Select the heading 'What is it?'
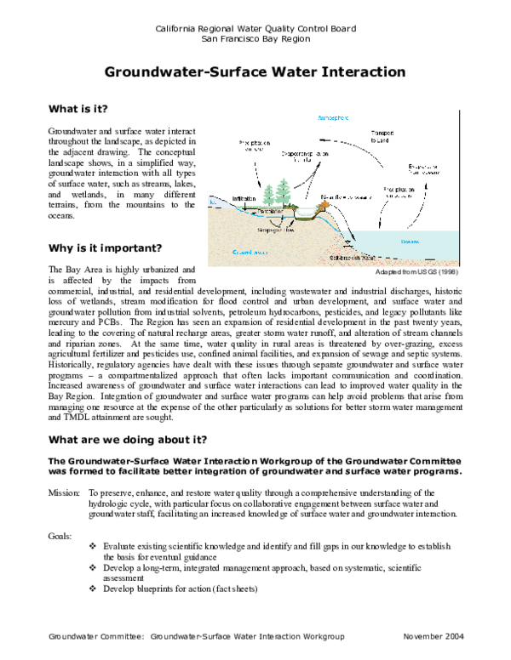78,110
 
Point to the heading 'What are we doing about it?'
127,439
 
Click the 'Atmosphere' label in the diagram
334,116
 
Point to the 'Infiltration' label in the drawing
244,198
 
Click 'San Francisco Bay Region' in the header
255,39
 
